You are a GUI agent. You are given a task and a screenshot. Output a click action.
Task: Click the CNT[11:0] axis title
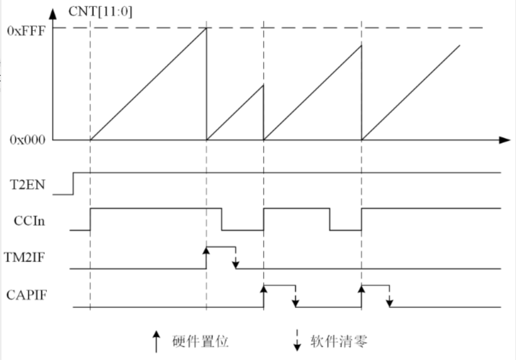pyautogui.click(x=101, y=11)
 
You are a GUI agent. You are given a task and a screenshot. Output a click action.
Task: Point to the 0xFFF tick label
pyautogui.click(x=26, y=31)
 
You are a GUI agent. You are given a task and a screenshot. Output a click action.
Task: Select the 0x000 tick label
pyautogui.click(x=27, y=140)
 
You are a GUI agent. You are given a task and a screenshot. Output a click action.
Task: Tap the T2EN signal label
pyautogui.click(x=27, y=185)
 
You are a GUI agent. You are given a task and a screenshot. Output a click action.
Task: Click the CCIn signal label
pyautogui.click(x=29, y=221)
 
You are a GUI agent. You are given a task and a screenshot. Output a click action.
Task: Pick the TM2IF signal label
pyautogui.click(x=24, y=257)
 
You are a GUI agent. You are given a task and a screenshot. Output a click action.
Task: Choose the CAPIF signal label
pyautogui.click(x=27, y=295)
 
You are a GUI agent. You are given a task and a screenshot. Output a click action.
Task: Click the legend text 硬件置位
pyautogui.click(x=200, y=341)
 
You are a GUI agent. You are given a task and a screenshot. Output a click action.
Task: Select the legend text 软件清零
pyautogui.click(x=339, y=341)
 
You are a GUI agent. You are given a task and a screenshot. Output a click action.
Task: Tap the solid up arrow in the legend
pyautogui.click(x=157, y=342)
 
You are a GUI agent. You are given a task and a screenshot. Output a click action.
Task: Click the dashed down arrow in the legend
pyautogui.click(x=297, y=340)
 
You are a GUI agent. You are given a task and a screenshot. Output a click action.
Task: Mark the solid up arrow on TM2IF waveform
pyautogui.click(x=206, y=258)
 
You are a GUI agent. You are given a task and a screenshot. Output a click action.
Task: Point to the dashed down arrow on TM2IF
pyautogui.click(x=236, y=258)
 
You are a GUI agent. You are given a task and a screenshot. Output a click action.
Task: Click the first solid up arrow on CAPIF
pyautogui.click(x=264, y=297)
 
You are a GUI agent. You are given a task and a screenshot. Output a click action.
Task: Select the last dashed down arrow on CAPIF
pyautogui.click(x=390, y=297)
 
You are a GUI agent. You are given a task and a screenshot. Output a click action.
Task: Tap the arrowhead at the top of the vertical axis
pyautogui.click(x=53, y=14)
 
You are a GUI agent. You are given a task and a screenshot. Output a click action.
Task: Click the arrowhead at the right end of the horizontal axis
pyautogui.click(x=504, y=140)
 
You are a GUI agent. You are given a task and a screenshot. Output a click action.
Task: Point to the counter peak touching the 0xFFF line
pyautogui.click(x=206, y=28)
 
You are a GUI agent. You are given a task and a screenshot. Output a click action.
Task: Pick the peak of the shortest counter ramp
pyautogui.click(x=263, y=85)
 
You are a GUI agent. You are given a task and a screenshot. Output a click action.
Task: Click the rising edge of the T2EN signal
pyautogui.click(x=73, y=183)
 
